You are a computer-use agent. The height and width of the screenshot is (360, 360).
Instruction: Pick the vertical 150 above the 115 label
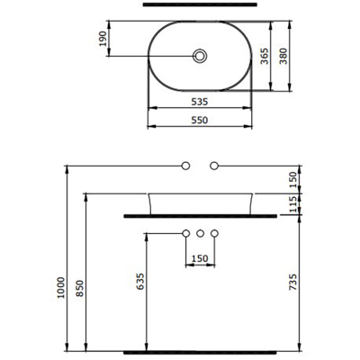(x=293, y=178)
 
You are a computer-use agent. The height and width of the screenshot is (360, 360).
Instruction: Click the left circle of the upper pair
(x=185, y=166)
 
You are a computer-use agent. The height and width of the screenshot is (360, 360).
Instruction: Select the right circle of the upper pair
(x=214, y=166)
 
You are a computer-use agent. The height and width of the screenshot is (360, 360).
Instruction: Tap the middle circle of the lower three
(x=200, y=234)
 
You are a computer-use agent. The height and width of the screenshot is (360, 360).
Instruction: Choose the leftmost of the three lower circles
(x=185, y=234)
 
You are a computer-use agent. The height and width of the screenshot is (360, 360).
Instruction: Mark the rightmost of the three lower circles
(x=214, y=234)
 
